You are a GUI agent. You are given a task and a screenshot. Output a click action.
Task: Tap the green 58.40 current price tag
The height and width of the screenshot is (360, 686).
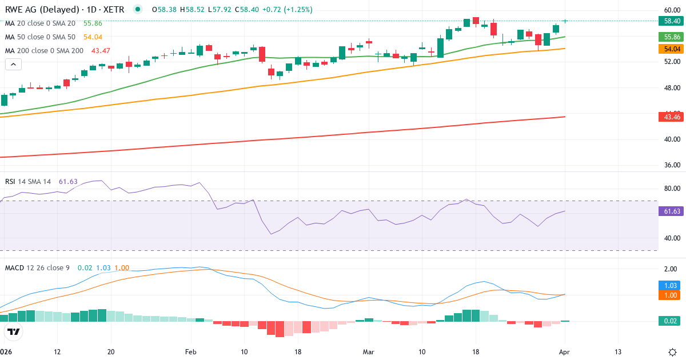pos(668,21)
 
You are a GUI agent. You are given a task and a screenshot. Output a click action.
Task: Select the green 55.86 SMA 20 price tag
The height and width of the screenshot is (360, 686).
pos(668,37)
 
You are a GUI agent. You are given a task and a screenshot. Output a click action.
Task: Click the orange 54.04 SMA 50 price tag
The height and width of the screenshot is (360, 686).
pos(668,49)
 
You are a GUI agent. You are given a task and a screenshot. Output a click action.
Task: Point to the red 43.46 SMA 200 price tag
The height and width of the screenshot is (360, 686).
pos(668,117)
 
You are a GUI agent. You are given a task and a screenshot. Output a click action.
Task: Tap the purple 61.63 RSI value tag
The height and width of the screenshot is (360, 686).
pos(668,211)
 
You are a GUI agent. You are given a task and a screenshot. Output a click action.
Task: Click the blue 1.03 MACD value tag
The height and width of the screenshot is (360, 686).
pos(668,285)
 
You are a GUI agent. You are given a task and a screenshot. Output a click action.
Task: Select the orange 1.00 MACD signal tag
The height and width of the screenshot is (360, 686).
pos(668,295)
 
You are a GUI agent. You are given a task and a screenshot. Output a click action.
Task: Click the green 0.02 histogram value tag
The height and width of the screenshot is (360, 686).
pos(668,321)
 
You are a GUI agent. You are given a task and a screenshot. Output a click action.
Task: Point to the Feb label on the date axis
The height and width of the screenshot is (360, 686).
pos(190,351)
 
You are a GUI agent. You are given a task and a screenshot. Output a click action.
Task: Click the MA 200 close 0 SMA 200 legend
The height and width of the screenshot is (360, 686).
pos(44,50)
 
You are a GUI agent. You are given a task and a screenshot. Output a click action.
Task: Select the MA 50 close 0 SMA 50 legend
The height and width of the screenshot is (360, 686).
pos(40,37)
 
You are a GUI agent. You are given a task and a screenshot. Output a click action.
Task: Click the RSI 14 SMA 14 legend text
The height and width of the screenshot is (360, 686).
pos(28,182)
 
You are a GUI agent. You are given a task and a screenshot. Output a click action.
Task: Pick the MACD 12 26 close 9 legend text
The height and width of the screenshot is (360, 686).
pos(37,267)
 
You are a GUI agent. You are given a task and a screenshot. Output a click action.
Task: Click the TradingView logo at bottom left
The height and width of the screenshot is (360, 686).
pos(14,331)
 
